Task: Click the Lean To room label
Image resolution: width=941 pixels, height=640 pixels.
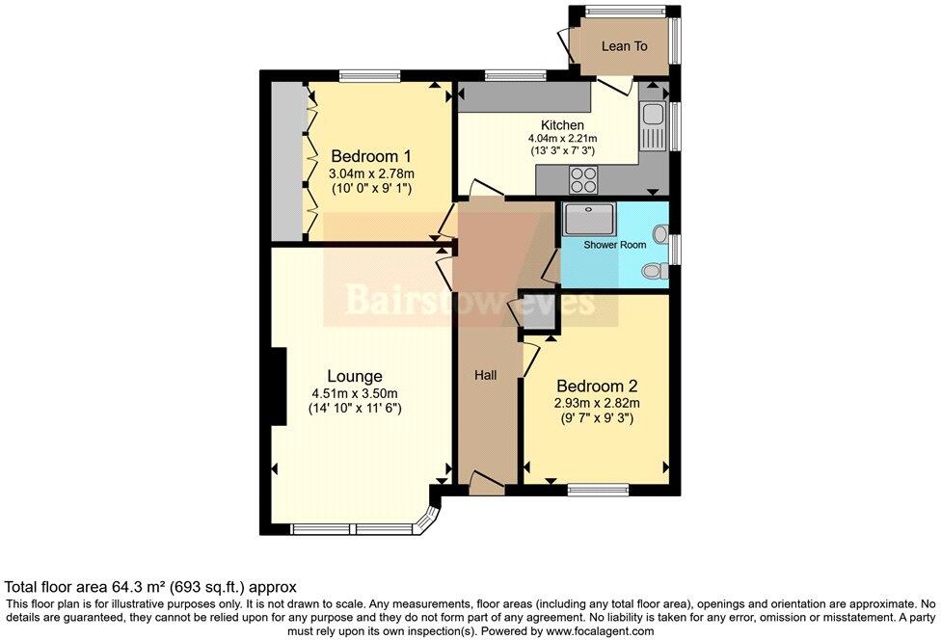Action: pyautogui.click(x=624, y=46)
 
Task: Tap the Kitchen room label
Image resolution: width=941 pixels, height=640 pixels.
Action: pyautogui.click(x=561, y=125)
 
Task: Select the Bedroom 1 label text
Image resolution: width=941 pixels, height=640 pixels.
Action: pyautogui.click(x=371, y=156)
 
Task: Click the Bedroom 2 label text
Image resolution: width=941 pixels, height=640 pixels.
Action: pyautogui.click(x=592, y=386)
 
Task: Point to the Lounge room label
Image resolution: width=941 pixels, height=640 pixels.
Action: pyautogui.click(x=354, y=376)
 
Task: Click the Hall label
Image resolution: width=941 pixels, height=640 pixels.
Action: pyautogui.click(x=485, y=375)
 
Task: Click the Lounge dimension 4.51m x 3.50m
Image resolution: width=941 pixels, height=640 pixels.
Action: pyautogui.click(x=354, y=392)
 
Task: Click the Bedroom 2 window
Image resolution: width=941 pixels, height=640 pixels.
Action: pyautogui.click(x=593, y=490)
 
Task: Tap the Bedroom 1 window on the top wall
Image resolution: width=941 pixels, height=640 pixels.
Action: pyautogui.click(x=368, y=73)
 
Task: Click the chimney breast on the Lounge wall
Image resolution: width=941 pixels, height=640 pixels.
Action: pyautogui.click(x=278, y=386)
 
